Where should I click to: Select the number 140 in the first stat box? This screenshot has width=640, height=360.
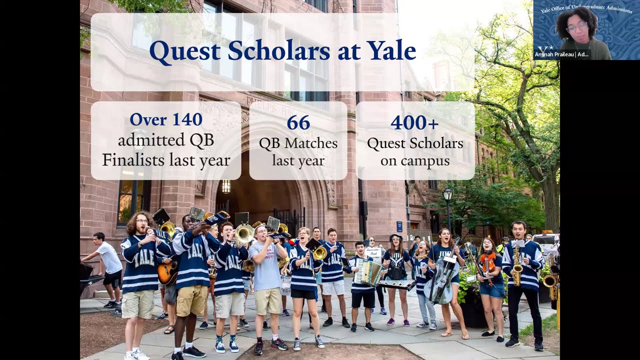[184, 119]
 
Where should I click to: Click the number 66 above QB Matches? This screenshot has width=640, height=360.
[298, 122]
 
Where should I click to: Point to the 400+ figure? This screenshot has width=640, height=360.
[414, 122]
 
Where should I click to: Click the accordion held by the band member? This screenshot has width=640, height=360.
[367, 272]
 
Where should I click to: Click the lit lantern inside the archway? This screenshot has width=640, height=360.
[226, 186]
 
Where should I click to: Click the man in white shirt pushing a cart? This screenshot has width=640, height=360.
[107, 265]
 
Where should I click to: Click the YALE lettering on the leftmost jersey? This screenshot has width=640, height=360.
[143, 258]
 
